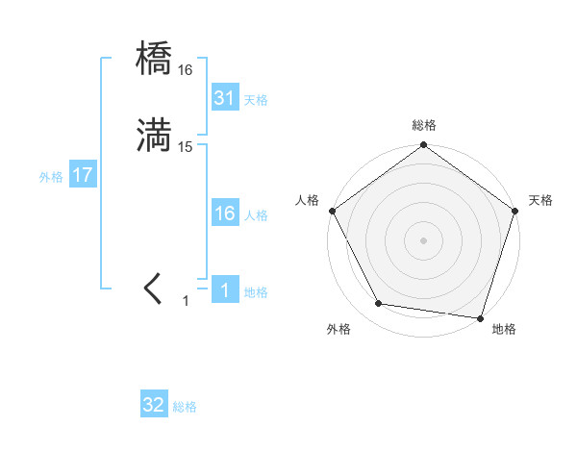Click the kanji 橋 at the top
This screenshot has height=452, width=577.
pos(155,59)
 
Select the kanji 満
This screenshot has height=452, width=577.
pos(155,136)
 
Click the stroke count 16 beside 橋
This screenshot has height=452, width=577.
pos(186,70)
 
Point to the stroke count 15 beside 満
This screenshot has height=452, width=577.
pos(186,147)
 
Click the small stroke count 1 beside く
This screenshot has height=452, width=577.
pos(186,301)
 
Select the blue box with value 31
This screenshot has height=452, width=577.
pos(224,98)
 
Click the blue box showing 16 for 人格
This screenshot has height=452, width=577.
pos(224,214)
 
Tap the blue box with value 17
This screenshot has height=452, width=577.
pos(82,176)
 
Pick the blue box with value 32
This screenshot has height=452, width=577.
pos(154,406)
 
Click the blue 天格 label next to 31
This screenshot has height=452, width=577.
pos(256,99)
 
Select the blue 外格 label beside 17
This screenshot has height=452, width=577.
pos(51,177)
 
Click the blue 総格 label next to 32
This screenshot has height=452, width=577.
pos(185,407)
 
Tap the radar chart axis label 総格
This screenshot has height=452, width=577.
pos(424,125)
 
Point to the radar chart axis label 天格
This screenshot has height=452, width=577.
pos(540,200)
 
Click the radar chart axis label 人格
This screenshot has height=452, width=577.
pos(308,200)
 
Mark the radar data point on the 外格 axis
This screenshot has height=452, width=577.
pos(379,304)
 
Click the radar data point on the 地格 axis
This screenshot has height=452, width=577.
pos(480,317)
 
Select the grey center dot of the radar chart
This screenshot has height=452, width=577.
pos(424,239)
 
